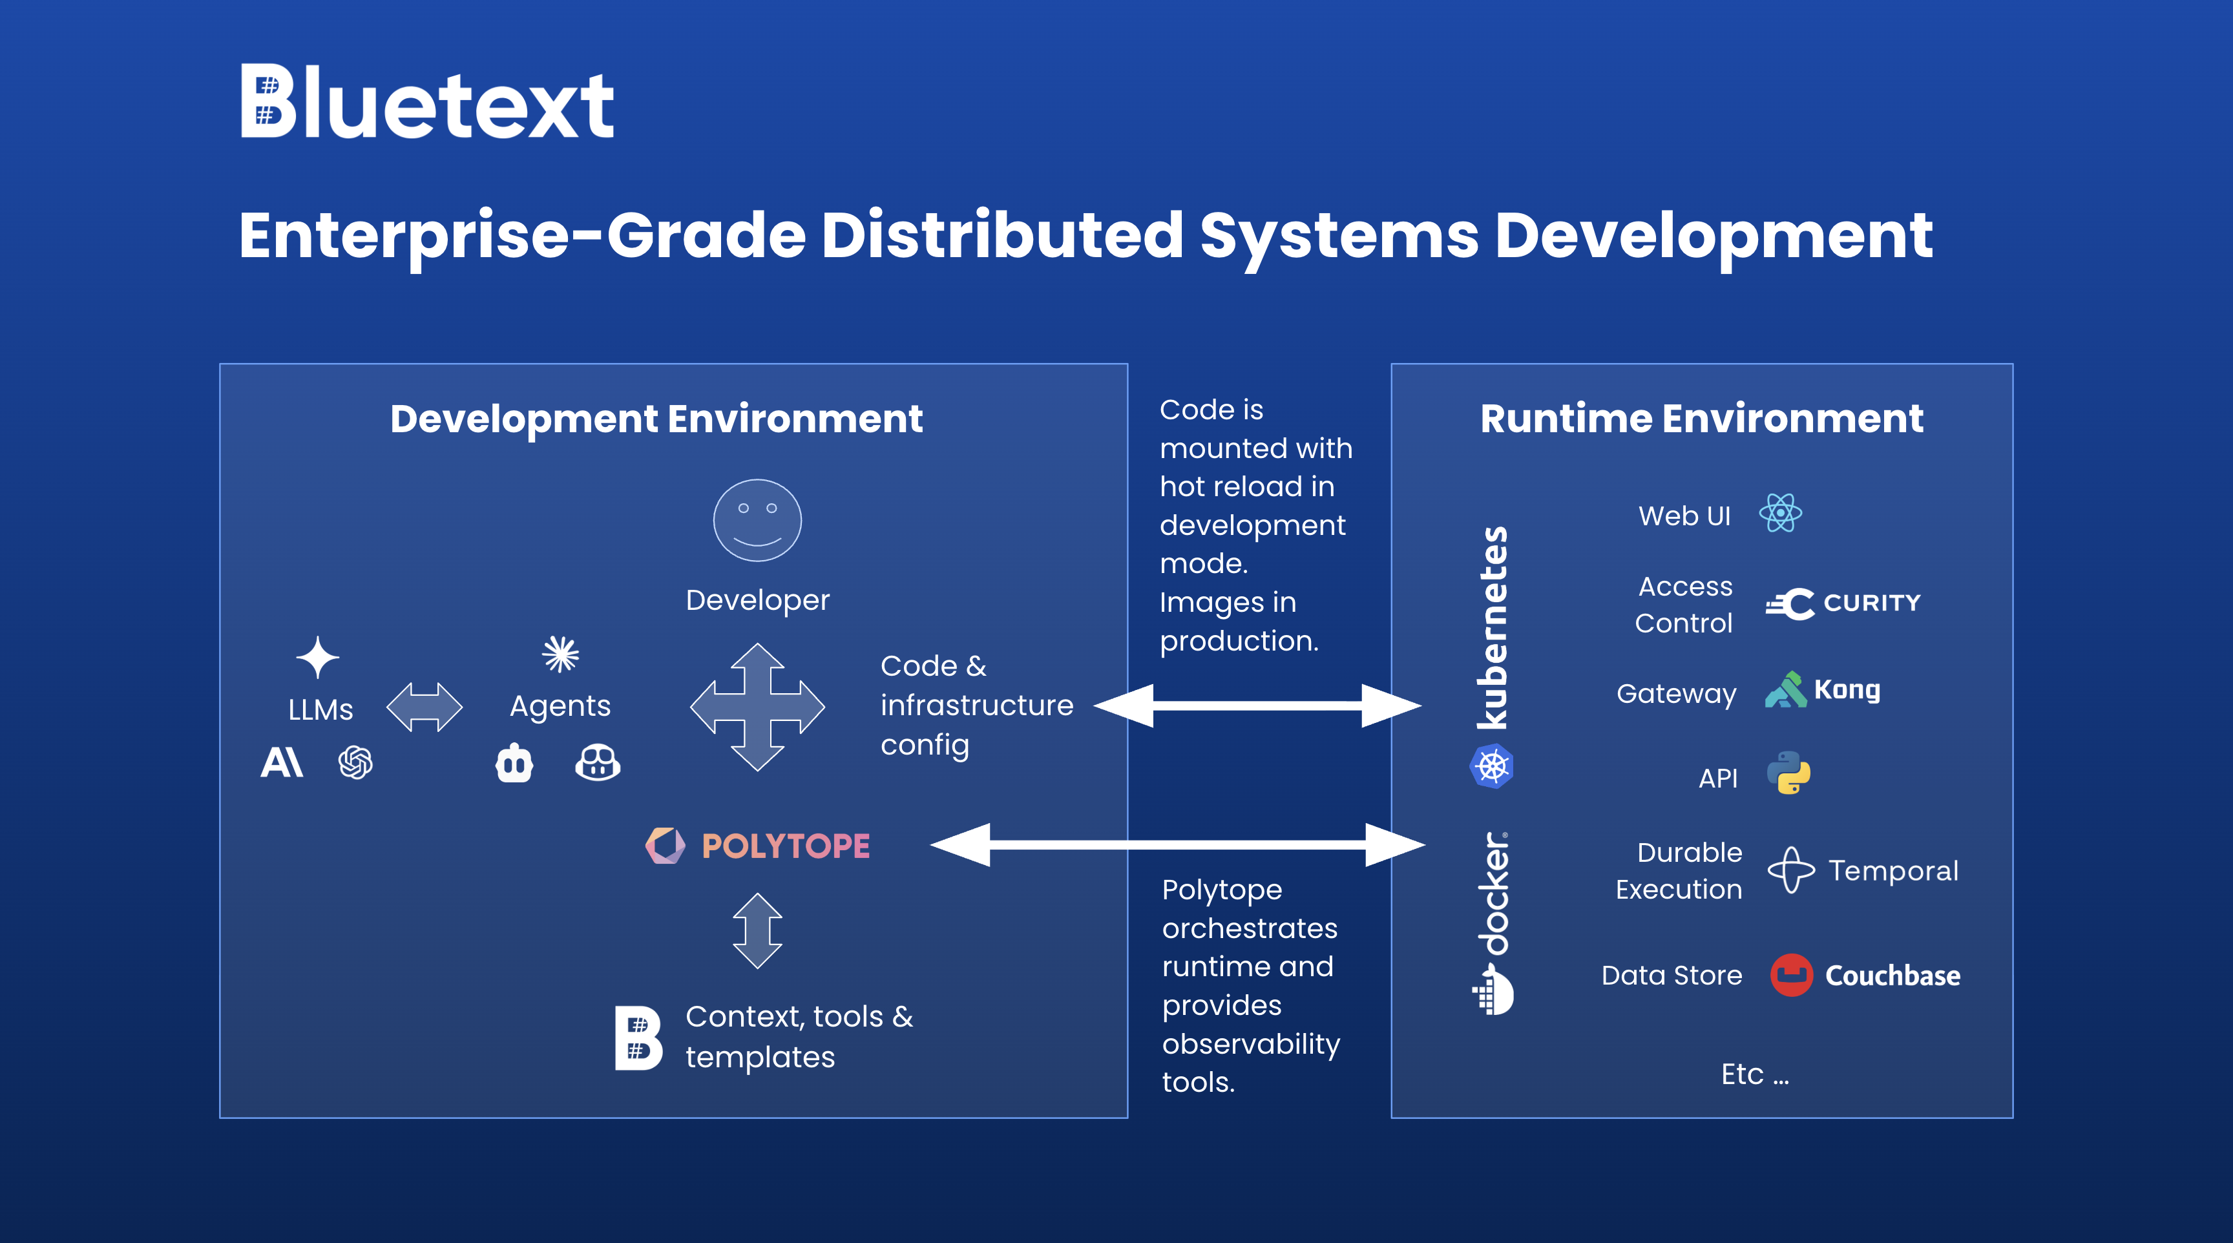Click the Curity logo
[1843, 603]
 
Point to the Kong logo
[1822, 690]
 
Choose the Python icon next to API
[1788, 773]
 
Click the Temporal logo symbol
[1791, 870]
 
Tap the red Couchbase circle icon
[1791, 975]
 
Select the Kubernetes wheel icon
[1492, 766]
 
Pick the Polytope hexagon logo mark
[665, 845]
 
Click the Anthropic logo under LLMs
[282, 763]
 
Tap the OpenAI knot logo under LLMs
[355, 763]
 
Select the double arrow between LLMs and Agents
[424, 706]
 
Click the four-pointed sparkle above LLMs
[317, 657]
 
